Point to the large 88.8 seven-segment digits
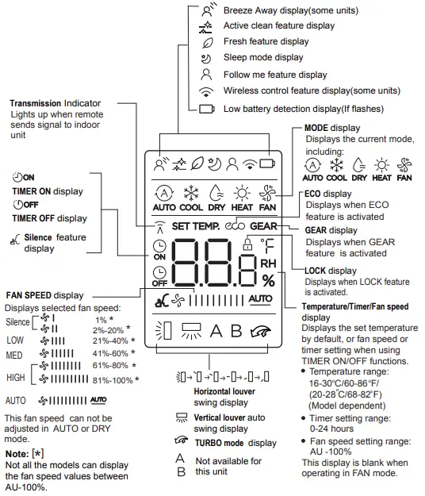point(214,267)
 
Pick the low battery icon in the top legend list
point(207,109)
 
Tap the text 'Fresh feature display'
point(266,41)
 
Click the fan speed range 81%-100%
point(113,380)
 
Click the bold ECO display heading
point(327,194)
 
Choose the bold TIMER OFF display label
point(49,218)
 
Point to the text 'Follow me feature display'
point(275,75)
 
